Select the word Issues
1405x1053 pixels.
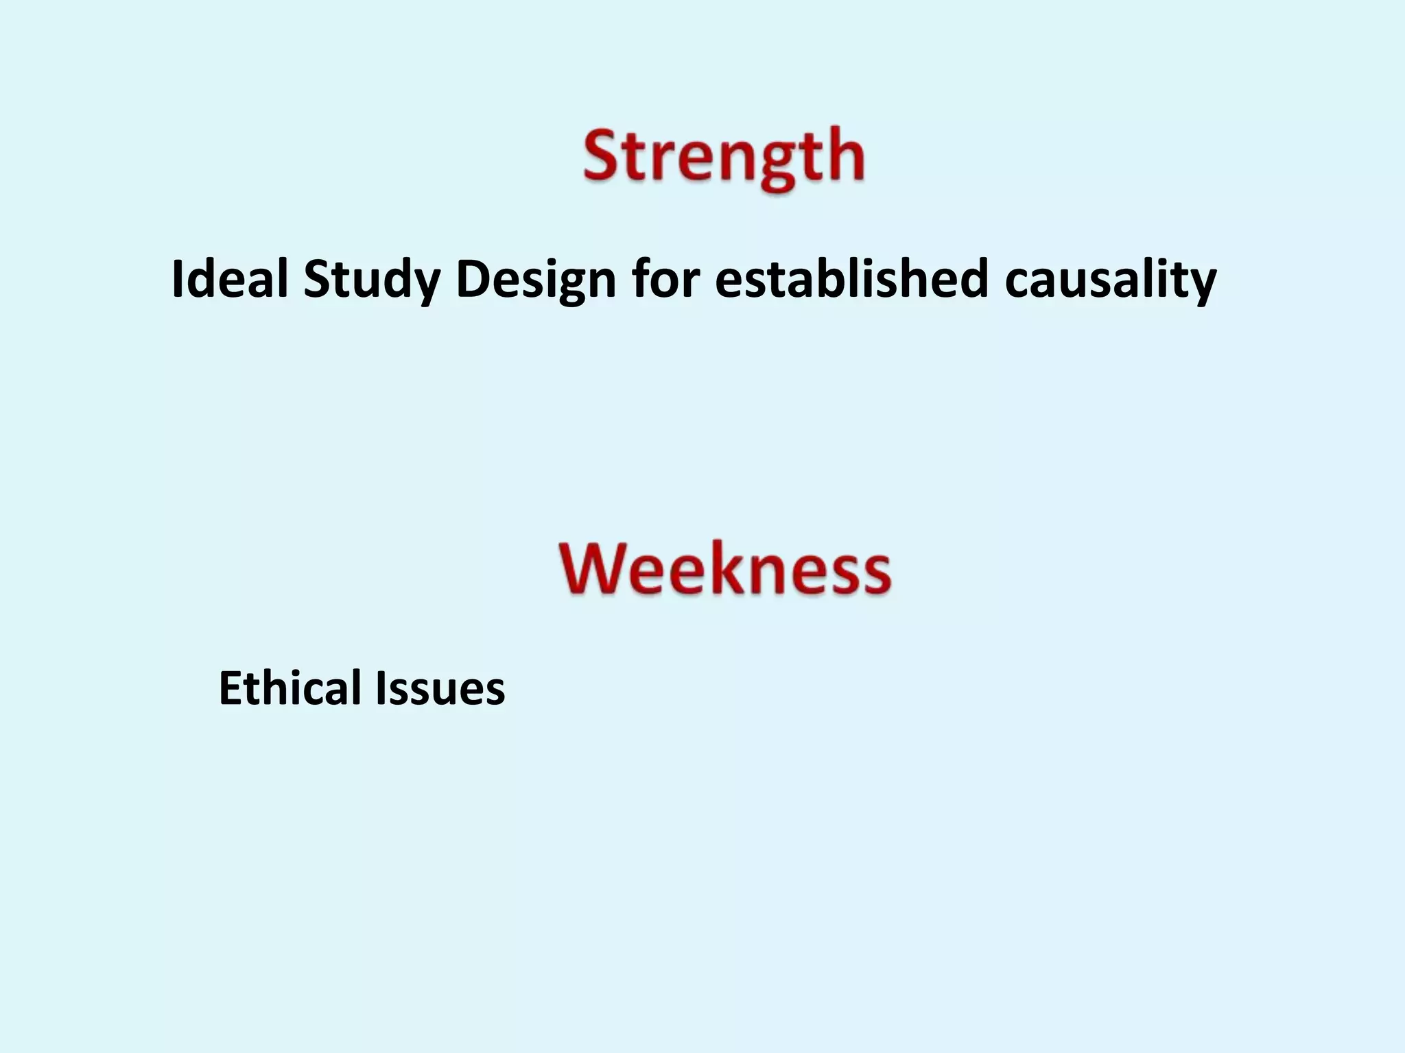(x=440, y=688)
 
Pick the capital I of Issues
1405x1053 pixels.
(x=381, y=688)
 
